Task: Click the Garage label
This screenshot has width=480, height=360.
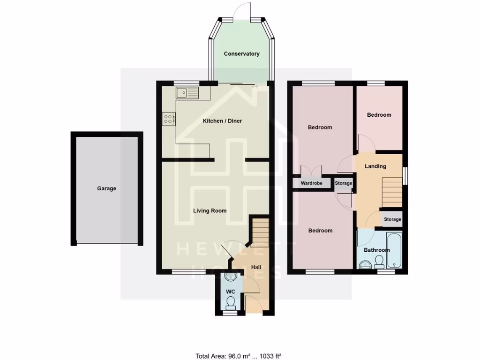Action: (x=106, y=188)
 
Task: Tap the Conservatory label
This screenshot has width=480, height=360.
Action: (x=241, y=54)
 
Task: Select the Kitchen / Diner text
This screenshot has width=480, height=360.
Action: (x=222, y=121)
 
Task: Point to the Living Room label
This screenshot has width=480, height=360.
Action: (x=210, y=211)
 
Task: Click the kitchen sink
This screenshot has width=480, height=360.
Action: (x=187, y=93)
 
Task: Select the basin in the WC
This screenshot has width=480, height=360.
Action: (x=229, y=277)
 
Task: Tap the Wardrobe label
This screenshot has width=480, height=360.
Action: (x=311, y=183)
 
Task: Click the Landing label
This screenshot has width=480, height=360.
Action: (x=375, y=166)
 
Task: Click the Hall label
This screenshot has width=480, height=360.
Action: (x=256, y=267)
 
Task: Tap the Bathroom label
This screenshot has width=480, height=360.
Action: (x=377, y=250)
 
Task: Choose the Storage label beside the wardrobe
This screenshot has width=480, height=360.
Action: (x=344, y=183)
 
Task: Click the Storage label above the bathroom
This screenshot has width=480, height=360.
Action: (x=392, y=219)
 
